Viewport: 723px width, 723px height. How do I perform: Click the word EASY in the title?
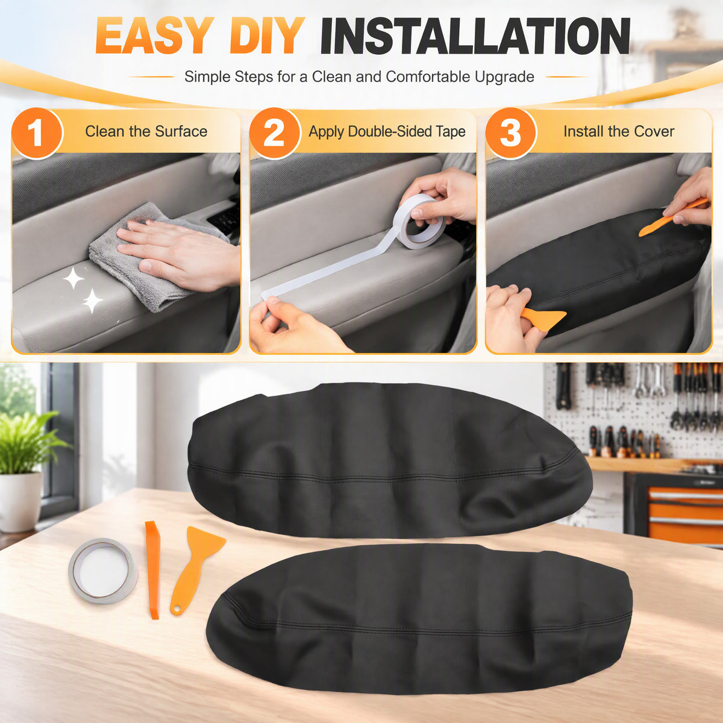[152, 36]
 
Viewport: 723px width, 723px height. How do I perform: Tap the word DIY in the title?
[267, 36]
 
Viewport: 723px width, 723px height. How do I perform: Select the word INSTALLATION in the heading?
[475, 36]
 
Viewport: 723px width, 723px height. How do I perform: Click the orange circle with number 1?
[37, 133]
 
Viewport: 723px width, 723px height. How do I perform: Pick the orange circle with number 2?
[275, 133]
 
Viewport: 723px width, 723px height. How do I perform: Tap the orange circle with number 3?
[511, 133]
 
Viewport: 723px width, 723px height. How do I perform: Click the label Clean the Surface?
[146, 131]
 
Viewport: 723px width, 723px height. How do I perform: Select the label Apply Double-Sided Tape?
[387, 132]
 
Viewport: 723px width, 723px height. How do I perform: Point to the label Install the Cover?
[619, 131]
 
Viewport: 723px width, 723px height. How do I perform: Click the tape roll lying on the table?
[103, 571]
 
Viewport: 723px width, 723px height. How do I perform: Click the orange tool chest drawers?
[685, 515]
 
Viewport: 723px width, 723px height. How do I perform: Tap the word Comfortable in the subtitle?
[428, 77]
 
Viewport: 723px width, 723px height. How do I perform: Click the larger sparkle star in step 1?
[74, 278]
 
